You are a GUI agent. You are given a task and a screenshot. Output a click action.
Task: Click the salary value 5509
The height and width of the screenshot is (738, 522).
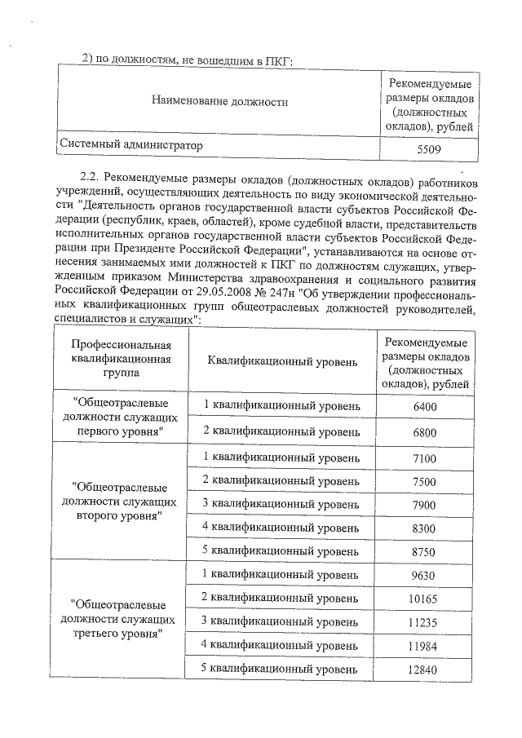point(427,148)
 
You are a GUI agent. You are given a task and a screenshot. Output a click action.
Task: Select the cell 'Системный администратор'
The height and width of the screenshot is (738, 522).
point(130,145)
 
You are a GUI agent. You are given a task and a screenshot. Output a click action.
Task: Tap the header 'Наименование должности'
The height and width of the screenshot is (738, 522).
point(219,102)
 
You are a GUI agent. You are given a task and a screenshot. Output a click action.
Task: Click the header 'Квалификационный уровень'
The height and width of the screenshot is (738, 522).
point(282,360)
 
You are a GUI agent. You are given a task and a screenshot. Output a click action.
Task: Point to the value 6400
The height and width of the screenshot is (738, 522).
point(425,406)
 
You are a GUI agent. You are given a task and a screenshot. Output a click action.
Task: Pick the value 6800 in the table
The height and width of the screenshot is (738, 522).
point(425,431)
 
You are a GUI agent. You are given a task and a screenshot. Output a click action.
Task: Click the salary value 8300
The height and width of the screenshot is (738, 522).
point(425,528)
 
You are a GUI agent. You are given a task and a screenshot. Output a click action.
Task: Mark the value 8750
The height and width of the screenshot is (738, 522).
point(425,552)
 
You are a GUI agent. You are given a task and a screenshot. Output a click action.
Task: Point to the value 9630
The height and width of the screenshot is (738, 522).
point(425,576)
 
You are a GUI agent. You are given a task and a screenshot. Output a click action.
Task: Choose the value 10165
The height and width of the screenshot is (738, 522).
point(425,599)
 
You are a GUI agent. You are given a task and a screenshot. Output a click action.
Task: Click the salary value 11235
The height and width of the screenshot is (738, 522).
point(425,623)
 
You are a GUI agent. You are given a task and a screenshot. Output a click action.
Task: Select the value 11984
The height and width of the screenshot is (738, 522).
point(425,647)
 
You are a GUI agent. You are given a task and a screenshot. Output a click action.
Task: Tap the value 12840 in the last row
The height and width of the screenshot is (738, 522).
point(425,670)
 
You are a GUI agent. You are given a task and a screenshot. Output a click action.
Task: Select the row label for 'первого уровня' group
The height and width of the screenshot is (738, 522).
point(121,417)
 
